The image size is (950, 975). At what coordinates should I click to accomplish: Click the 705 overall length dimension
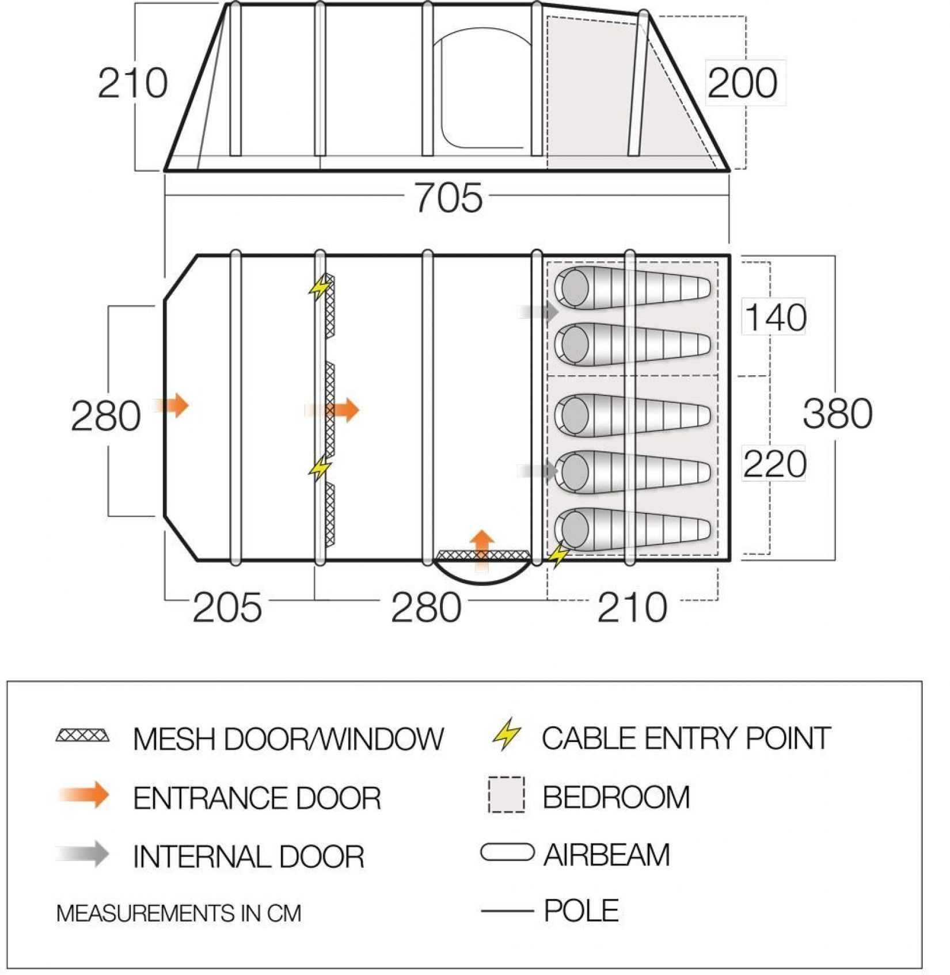pyautogui.click(x=449, y=197)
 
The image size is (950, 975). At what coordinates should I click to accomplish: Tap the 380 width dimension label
pyautogui.click(x=837, y=413)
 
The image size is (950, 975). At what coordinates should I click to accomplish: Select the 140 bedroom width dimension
pyautogui.click(x=775, y=317)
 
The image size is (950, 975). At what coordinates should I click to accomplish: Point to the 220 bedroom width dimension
pyautogui.click(x=774, y=464)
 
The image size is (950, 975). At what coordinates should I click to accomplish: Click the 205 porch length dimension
pyautogui.click(x=227, y=608)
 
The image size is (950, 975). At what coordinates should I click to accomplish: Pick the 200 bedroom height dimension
pyautogui.click(x=742, y=83)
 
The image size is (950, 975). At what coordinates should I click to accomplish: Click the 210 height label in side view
pyautogui.click(x=132, y=83)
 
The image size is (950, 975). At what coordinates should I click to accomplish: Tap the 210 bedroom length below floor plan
pyautogui.click(x=632, y=608)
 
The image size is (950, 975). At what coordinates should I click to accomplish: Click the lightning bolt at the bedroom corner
pyautogui.click(x=557, y=555)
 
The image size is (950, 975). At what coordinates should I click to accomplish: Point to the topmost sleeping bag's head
pyautogui.click(x=573, y=286)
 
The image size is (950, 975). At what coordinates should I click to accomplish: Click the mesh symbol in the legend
pyautogui.click(x=83, y=736)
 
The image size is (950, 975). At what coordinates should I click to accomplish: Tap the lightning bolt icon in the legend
pyautogui.click(x=507, y=734)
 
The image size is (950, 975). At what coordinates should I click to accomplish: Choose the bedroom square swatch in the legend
pyautogui.click(x=506, y=795)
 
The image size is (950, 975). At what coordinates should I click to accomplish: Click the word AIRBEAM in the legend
pyautogui.click(x=607, y=854)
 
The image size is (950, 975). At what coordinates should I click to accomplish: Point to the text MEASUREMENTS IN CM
pyautogui.click(x=178, y=913)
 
